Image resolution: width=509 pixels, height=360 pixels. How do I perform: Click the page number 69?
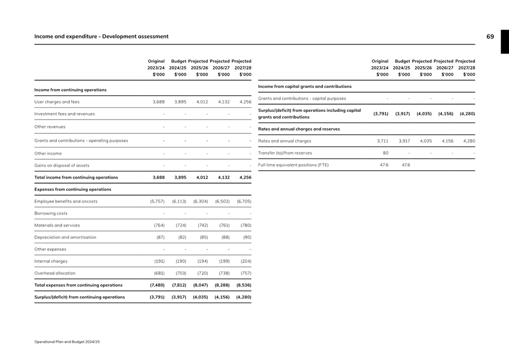coord(490,37)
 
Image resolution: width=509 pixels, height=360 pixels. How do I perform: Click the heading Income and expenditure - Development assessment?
coord(101,37)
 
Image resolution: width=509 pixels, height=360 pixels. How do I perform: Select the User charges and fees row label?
coord(57,102)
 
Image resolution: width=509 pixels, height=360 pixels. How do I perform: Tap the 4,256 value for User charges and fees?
coord(244,102)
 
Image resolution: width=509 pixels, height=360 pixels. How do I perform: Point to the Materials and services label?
coord(57,225)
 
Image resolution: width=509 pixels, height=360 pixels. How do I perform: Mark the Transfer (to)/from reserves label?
coord(285,153)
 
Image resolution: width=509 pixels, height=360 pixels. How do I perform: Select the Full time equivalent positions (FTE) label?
coord(293,165)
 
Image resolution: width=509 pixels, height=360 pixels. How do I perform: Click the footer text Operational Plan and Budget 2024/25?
coord(67,342)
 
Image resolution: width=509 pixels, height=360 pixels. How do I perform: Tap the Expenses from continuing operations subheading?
coord(72,189)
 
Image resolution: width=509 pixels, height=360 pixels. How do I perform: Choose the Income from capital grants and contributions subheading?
coord(305,87)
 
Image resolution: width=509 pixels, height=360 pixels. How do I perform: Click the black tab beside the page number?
coord(505,42)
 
